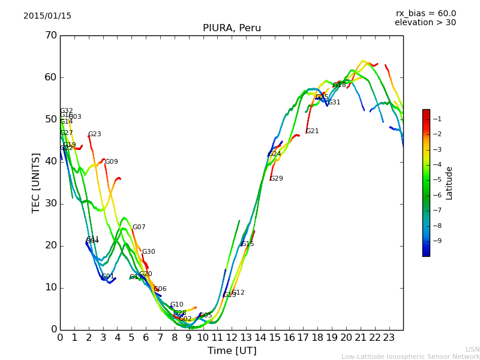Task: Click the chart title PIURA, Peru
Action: click(232, 28)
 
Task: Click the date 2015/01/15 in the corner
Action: click(47, 16)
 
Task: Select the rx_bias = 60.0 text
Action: click(425, 13)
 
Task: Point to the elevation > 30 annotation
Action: click(425, 23)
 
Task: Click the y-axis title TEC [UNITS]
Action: click(36, 182)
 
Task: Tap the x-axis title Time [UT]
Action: click(232, 351)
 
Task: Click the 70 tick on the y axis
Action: click(50, 35)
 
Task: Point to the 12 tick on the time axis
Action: click(232, 337)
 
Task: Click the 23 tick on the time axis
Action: click(389, 337)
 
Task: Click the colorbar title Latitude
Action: click(449, 182)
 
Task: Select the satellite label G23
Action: click(95, 134)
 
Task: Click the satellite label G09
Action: click(112, 162)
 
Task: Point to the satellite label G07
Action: click(139, 227)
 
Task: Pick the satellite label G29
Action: click(277, 179)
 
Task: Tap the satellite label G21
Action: click(313, 131)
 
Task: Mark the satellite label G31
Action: click(334, 103)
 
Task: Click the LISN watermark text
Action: click(473, 349)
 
